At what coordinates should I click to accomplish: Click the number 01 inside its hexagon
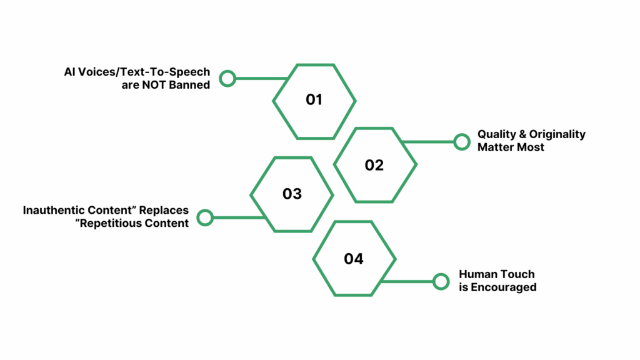tap(314, 100)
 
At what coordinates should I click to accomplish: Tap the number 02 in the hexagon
tap(374, 165)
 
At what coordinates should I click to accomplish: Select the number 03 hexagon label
tap(292, 194)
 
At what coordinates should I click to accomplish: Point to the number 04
tap(353, 259)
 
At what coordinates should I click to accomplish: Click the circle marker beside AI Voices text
tap(227, 78)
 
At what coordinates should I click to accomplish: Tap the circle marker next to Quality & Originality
tap(462, 142)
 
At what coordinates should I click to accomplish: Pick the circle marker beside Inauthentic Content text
tap(205, 217)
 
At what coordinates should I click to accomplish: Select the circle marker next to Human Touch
tap(441, 281)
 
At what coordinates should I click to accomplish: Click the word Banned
tap(189, 84)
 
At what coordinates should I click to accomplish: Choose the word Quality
tap(495, 134)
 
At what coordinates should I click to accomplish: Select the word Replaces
tap(165, 211)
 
